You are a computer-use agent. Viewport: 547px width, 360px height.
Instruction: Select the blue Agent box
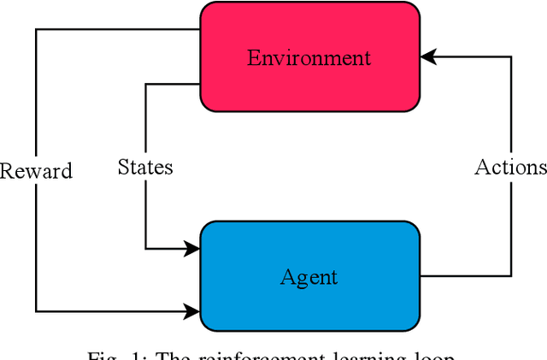309,276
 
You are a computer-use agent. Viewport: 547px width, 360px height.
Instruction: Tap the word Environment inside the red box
309,58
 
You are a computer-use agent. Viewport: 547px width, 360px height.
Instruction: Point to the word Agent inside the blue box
309,277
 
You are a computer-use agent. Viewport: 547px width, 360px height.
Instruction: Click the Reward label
36,170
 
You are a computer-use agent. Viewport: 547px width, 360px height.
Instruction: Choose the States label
145,167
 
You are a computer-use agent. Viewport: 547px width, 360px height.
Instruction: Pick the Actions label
510,167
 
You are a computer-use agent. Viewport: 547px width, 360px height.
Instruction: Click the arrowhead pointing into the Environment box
427,56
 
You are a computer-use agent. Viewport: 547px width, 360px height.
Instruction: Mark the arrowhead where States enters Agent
193,249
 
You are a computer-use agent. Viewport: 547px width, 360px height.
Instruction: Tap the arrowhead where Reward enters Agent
193,311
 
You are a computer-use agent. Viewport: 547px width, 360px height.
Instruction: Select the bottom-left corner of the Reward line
36,311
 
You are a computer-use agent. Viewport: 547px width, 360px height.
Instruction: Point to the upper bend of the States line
145,84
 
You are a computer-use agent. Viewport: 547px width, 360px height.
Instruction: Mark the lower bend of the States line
145,249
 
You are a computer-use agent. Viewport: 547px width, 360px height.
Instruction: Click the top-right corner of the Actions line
511,56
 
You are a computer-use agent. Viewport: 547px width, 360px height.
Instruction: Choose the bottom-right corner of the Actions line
511,275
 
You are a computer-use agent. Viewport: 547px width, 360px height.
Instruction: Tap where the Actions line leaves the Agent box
421,275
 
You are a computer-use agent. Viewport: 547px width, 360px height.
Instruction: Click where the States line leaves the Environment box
200,84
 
